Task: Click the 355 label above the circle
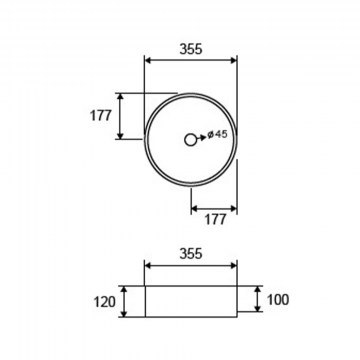pyautogui.click(x=191, y=49)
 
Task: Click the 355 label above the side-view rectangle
pyautogui.click(x=191, y=254)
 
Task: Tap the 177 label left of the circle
pyautogui.click(x=101, y=116)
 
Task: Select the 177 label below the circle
pyautogui.click(x=215, y=219)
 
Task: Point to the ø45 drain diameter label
pyautogui.click(x=217, y=134)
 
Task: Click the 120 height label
pyautogui.click(x=104, y=302)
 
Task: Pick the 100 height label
pyautogui.click(x=278, y=300)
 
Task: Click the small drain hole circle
pyautogui.click(x=190, y=140)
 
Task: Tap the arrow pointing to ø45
pyautogui.click(x=201, y=138)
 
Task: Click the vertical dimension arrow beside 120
pyautogui.click(x=124, y=301)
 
